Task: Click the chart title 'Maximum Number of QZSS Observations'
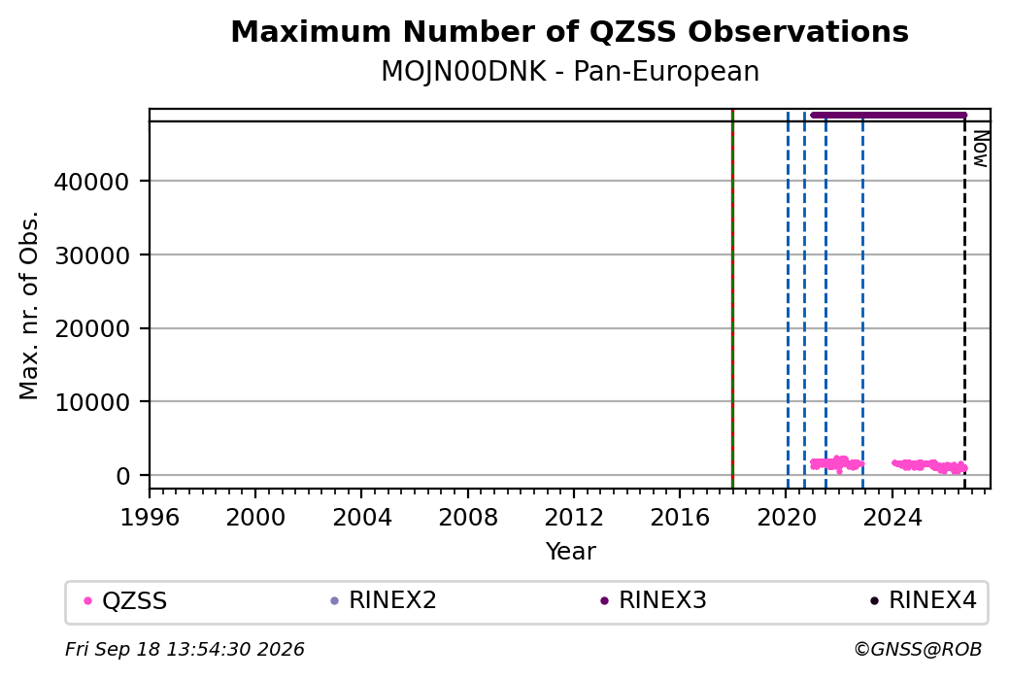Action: [x=569, y=31]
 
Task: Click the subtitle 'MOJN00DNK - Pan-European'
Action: [x=570, y=71]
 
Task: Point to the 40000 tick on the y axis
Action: [x=91, y=182]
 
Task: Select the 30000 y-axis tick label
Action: [x=91, y=255]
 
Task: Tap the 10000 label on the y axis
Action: [x=91, y=402]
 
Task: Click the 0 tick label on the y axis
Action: [x=123, y=476]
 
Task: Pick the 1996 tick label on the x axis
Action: [x=150, y=518]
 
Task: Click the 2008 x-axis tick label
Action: [x=468, y=518]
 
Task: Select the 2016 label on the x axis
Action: [x=680, y=518]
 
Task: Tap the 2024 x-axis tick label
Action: [x=892, y=518]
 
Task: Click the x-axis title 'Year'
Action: [x=571, y=552]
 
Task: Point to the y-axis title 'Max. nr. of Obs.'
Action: [x=29, y=305]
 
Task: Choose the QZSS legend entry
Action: [x=125, y=601]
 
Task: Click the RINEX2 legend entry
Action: [x=384, y=600]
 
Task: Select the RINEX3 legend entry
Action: [x=654, y=600]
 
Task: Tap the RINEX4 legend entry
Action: [x=923, y=600]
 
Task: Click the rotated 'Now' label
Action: [x=980, y=149]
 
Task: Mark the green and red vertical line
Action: [x=732, y=299]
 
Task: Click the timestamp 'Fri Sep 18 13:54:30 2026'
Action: [x=185, y=649]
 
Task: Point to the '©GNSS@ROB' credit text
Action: [x=918, y=649]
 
